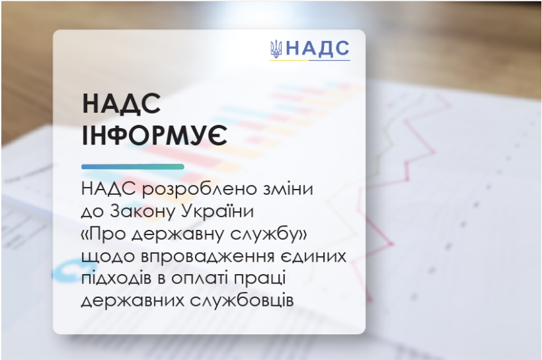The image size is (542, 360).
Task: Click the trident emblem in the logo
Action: (276, 49)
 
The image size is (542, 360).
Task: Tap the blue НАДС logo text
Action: (318, 48)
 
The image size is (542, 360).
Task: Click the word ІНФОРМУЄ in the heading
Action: (155, 135)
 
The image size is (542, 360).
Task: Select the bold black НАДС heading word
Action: (122, 103)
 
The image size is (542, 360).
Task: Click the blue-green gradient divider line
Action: (133, 167)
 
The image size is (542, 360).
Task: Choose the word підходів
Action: (116, 278)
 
